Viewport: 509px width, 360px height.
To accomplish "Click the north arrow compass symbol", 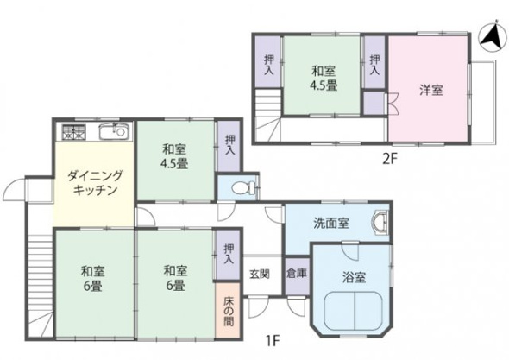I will point(490,35).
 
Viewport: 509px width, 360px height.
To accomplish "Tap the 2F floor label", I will point(390,160).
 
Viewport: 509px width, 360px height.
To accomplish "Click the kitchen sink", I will point(113,133).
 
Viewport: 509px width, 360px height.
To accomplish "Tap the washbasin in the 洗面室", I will point(380,224).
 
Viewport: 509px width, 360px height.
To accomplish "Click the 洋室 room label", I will point(430,88).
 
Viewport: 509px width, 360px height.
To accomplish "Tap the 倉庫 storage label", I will point(295,274).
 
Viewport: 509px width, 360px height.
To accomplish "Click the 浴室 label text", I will point(354,277).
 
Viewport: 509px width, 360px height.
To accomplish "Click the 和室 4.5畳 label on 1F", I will point(173,156).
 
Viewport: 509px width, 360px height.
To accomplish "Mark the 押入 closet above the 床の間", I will point(228,253).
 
